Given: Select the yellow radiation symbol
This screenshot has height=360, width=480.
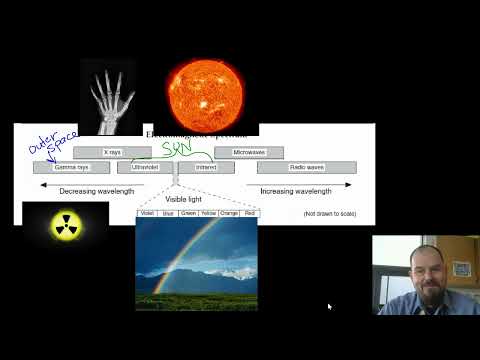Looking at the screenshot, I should [66, 225].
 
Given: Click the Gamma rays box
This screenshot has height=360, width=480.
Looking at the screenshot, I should [71, 167].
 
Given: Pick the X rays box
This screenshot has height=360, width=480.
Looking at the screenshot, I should [112, 152].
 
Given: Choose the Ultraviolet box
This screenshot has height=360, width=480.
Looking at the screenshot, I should [146, 167].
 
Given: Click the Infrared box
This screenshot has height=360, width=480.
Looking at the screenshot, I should [206, 167].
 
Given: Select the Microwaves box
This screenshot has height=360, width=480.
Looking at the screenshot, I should [249, 152].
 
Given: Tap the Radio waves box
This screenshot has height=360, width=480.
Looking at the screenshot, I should [307, 167].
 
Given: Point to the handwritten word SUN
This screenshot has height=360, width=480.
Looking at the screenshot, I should [178, 148].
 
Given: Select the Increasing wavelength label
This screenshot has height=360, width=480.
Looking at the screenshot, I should [296, 190].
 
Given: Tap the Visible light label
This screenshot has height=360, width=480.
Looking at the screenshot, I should [184, 199].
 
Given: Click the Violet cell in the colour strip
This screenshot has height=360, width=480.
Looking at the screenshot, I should [147, 213].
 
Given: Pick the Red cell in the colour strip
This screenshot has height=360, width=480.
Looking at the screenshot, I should [249, 213].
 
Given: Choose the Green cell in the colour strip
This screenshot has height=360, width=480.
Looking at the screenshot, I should [188, 213].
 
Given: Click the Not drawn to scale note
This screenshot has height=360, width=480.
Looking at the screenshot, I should [329, 213].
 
